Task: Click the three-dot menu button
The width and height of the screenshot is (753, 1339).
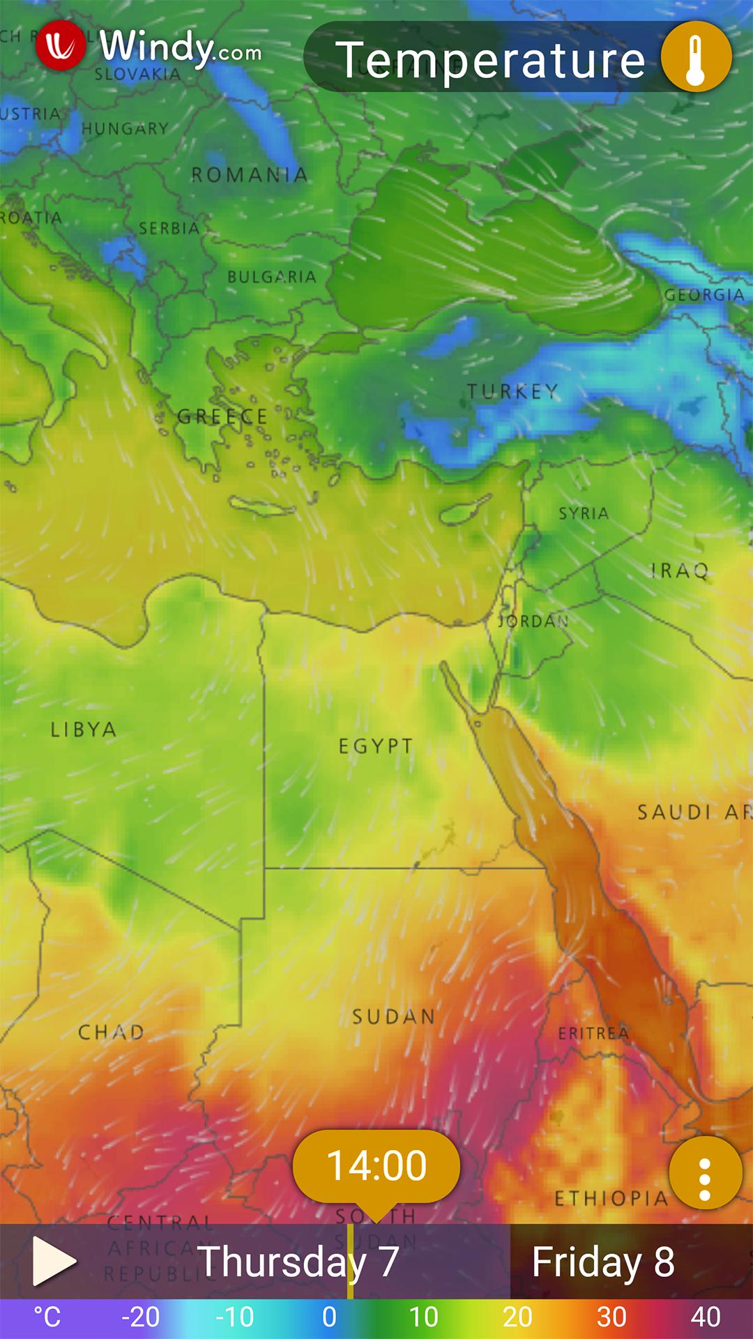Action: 705,1172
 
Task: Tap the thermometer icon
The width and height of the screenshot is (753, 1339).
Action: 695,57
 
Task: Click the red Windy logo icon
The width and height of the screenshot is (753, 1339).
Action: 61,46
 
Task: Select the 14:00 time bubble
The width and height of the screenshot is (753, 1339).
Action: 376,1165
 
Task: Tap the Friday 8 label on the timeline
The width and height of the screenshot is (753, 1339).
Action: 603,1262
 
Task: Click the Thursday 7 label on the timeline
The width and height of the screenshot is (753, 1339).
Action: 298,1262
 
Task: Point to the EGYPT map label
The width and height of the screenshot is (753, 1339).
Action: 375,746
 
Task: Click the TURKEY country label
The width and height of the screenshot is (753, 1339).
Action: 512,391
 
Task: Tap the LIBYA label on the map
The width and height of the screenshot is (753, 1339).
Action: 83,729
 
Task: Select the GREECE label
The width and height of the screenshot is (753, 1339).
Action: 222,417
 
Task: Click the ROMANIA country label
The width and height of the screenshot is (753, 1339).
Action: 250,174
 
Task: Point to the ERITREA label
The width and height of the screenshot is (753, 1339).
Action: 593,1033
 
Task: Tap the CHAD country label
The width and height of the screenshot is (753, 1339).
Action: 111,1031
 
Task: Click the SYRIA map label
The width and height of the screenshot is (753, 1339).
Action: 584,513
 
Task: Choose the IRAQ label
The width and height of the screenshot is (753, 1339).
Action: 679,571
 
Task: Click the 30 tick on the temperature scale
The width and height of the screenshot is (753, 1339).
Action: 611,1317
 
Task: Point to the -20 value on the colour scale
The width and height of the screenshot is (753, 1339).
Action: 140,1317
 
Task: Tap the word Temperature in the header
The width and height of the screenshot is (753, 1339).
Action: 490,60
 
